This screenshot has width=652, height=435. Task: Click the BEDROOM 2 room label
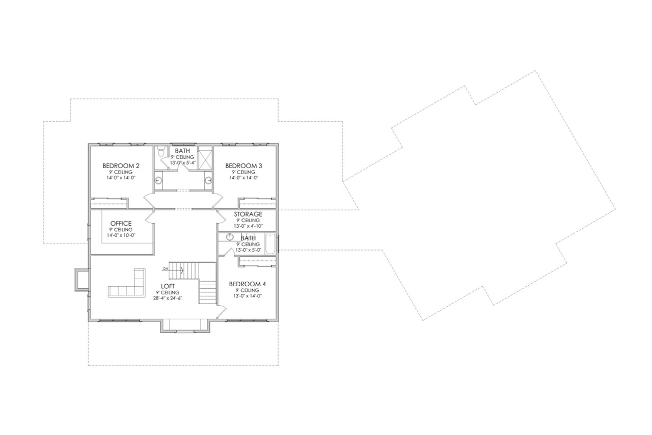[121, 166]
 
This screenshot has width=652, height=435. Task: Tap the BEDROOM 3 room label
[243, 166]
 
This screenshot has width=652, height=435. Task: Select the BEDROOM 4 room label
[248, 284]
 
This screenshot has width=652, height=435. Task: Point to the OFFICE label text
[121, 223]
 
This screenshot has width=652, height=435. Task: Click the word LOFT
[169, 286]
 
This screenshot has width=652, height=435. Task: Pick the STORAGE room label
[248, 214]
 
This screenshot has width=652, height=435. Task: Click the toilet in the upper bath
[161, 151]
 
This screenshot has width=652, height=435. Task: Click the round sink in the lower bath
[230, 237]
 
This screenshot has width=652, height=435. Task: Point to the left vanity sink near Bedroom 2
[158, 180]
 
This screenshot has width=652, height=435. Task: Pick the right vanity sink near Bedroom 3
[208, 180]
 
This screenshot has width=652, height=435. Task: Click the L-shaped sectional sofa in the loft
[129, 286]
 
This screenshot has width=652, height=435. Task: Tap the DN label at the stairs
[166, 268]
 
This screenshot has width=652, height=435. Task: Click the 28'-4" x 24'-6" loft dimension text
[169, 299]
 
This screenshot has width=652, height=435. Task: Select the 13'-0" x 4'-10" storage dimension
[248, 226]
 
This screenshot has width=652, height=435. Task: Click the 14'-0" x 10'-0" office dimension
[121, 236]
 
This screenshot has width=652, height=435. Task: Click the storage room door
[221, 217]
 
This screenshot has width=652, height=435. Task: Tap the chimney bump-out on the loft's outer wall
[81, 279]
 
